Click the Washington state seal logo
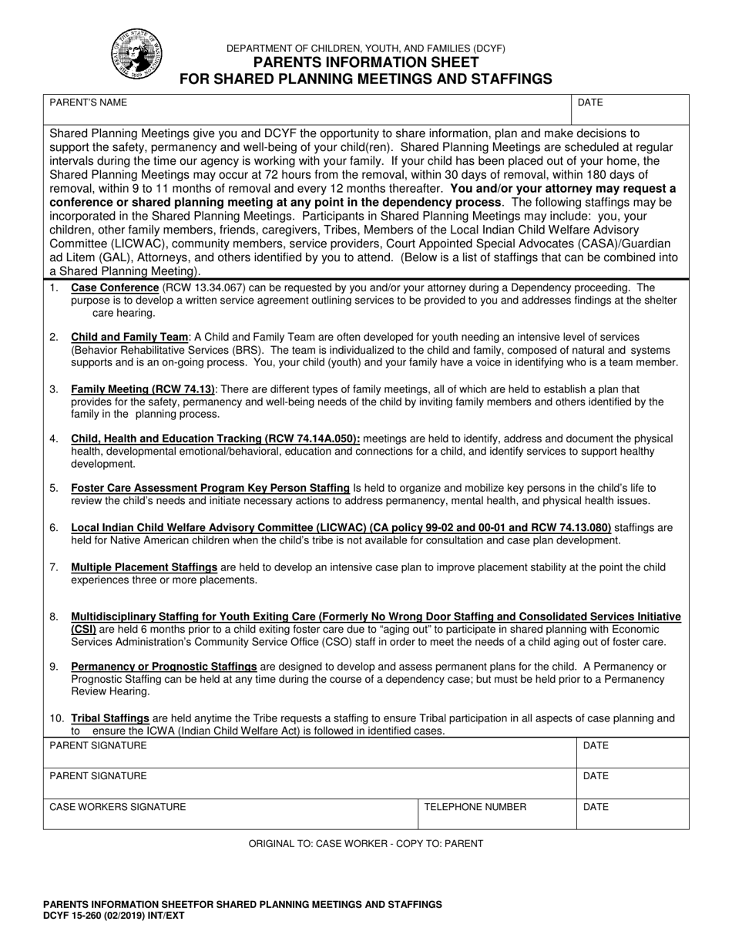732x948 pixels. coord(137,53)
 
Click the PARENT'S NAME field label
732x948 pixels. coord(89,103)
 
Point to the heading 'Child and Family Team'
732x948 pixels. coord(129,338)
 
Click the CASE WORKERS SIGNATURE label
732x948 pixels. coord(118,807)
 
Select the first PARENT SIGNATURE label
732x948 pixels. coord(98,746)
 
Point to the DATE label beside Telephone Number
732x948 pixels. coord(596,807)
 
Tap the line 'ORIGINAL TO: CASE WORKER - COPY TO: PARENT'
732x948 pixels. coord(365,844)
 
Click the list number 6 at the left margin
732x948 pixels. coord(54,528)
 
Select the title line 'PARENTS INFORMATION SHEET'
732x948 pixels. coord(365,62)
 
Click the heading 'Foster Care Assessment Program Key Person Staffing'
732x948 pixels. coord(210,488)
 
